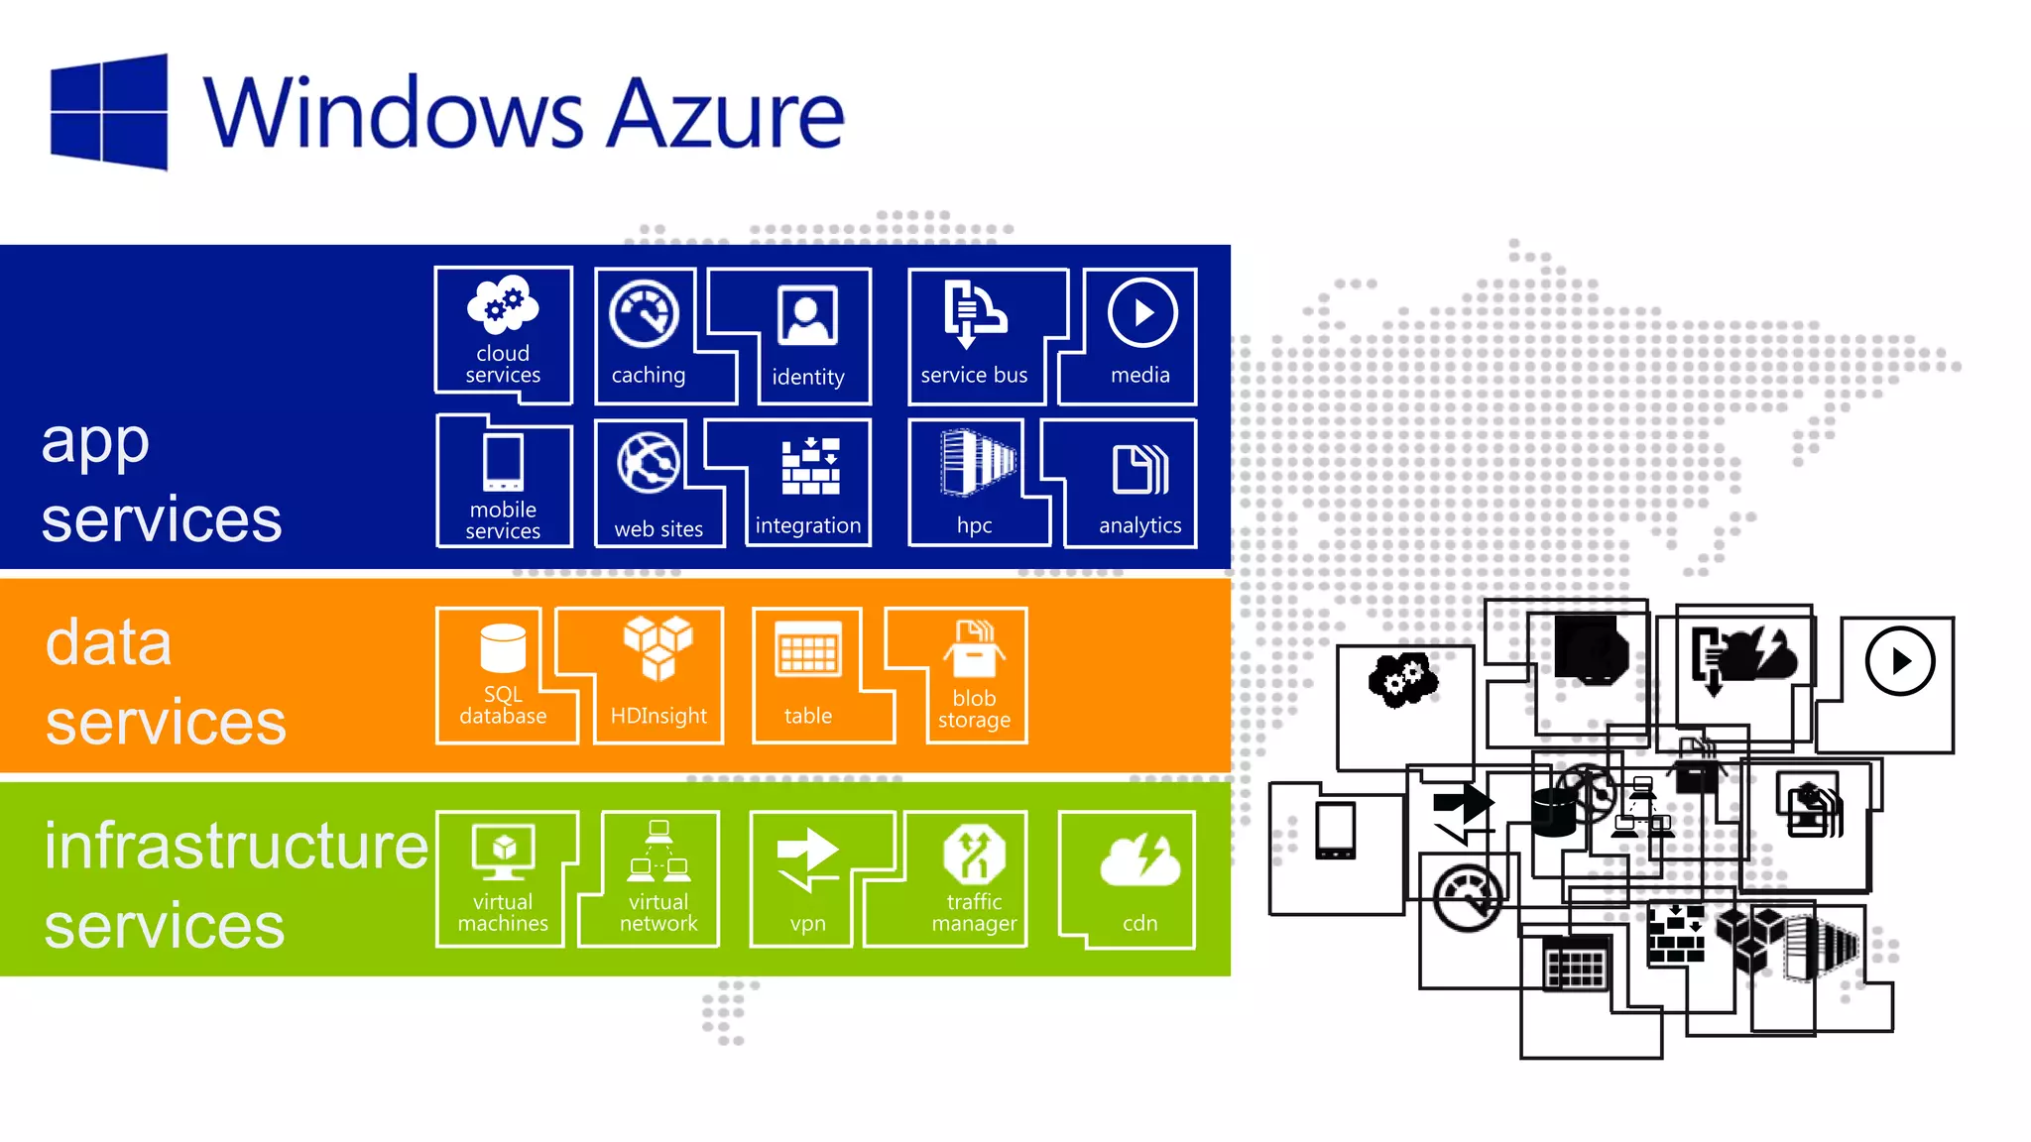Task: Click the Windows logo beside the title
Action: pyautogui.click(x=109, y=112)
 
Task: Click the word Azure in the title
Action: pyautogui.click(x=725, y=114)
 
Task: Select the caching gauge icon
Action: pyautogui.click(x=645, y=314)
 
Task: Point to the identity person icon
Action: pyautogui.click(x=808, y=315)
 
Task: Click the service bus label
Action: pyautogui.click(x=974, y=376)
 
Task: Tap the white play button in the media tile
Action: pyautogui.click(x=1142, y=313)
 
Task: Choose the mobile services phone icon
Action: pyautogui.click(x=504, y=462)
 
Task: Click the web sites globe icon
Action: pyautogui.click(x=649, y=463)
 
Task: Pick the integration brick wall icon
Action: pyautogui.click(x=810, y=466)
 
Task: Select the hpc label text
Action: pyautogui.click(x=974, y=525)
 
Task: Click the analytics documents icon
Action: pyautogui.click(x=1140, y=469)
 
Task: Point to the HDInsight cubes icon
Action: pyautogui.click(x=658, y=647)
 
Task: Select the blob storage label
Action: pyautogui.click(x=974, y=709)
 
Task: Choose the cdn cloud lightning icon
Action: pyautogui.click(x=1140, y=859)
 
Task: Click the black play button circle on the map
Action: pyautogui.click(x=1899, y=661)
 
